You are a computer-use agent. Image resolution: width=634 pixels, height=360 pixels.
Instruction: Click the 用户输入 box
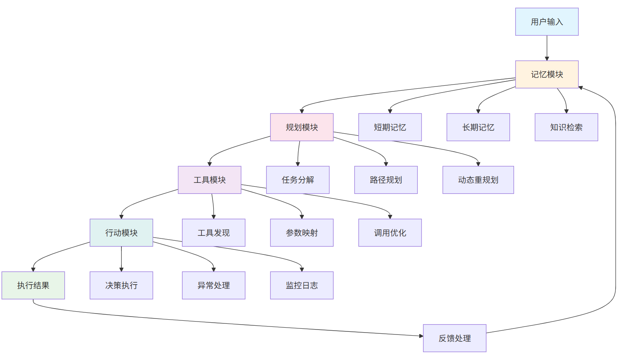[546, 22]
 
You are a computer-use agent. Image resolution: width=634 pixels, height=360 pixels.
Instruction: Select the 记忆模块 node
[546, 74]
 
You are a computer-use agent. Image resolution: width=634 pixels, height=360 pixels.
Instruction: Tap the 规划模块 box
[302, 127]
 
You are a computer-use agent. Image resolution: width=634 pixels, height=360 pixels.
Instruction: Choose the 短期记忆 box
[390, 127]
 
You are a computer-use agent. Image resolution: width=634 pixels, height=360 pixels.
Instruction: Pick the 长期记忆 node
[478, 127]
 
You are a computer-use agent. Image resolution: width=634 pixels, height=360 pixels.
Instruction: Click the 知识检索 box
[566, 127]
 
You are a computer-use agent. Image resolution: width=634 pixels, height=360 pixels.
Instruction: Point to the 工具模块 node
[209, 180]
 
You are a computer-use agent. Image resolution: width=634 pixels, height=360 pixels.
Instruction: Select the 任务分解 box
[297, 180]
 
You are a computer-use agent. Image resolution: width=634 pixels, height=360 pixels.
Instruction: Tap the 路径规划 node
[386, 180]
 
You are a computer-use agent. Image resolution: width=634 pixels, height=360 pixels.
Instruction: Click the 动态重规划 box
[478, 180]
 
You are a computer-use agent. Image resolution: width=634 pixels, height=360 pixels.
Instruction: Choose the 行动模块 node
[121, 232]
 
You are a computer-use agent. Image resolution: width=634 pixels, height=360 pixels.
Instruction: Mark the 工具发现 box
[213, 232]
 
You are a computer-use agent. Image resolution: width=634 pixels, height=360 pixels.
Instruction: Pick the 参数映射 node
[302, 232]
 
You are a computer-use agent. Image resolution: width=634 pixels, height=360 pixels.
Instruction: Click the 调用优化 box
[390, 232]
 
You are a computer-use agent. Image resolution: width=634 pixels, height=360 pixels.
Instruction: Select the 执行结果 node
[33, 285]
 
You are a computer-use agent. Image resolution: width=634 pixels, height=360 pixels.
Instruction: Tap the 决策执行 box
[121, 285]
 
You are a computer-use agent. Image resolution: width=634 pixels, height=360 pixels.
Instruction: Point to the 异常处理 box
[213, 285]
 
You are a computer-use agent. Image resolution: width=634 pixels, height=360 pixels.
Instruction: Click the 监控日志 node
[302, 285]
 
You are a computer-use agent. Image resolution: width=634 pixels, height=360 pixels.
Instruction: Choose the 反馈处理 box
[454, 338]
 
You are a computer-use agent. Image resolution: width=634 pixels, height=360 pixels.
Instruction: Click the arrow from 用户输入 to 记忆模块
[547, 48]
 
